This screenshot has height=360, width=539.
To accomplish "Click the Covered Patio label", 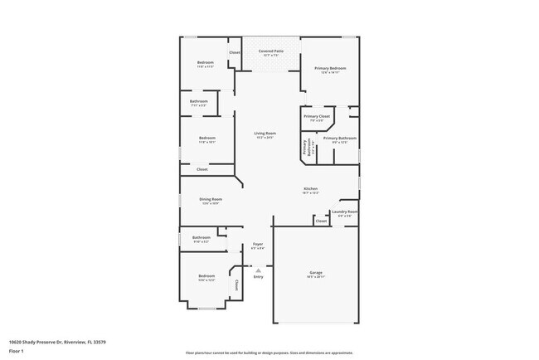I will [271, 51].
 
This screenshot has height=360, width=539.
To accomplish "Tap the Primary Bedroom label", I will [329, 68].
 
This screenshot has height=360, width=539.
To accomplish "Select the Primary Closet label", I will [317, 117].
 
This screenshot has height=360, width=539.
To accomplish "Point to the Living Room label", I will [265, 134].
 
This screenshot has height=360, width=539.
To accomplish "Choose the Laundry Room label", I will [344, 212].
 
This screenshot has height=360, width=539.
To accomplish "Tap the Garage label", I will [315, 272].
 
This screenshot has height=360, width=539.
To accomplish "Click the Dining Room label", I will [210, 199].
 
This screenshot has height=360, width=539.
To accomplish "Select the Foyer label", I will [258, 244].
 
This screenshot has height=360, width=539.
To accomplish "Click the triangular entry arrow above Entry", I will [258, 269].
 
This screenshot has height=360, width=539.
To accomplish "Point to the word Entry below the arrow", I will [258, 276].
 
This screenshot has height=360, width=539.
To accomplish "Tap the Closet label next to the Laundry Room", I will [321, 221].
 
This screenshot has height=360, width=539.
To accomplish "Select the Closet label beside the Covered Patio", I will [235, 53].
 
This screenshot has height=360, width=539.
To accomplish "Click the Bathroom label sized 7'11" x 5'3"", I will [200, 103].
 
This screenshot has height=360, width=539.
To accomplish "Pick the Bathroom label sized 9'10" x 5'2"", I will [202, 238].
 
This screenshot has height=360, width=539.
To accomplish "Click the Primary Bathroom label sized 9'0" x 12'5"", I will [339, 139].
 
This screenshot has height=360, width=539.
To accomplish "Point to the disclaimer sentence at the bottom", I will [269, 352].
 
